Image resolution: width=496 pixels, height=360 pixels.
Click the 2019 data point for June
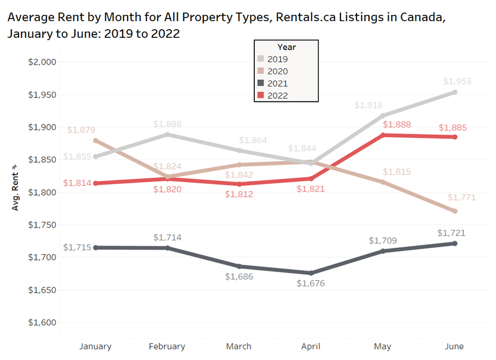(455, 92)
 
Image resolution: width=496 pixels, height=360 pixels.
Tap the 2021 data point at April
(311, 273)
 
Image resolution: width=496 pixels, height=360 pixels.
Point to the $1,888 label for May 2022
(383, 125)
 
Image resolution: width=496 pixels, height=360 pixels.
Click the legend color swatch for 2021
(261, 83)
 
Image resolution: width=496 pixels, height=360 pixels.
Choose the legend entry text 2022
(278, 95)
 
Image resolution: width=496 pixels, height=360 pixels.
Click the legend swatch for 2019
(261, 59)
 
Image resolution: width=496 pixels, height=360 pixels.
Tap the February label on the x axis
(167, 346)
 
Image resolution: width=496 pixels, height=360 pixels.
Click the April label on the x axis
(311, 346)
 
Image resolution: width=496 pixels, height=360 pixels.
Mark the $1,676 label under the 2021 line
(311, 284)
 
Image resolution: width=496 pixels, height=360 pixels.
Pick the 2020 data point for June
(455, 211)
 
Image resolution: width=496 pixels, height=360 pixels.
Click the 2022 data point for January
(95, 183)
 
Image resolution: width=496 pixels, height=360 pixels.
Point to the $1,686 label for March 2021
(239, 277)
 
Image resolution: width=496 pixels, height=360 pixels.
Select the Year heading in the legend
(286, 47)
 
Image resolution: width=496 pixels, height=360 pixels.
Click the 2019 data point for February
(167, 134)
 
